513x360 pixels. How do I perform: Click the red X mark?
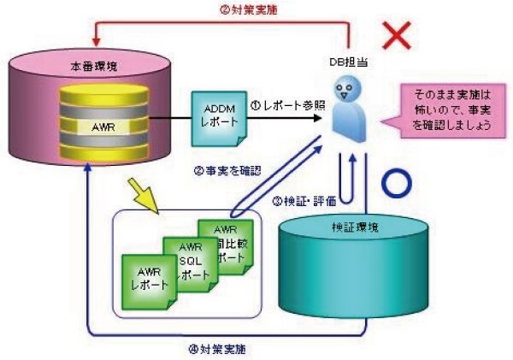click(398, 36)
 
